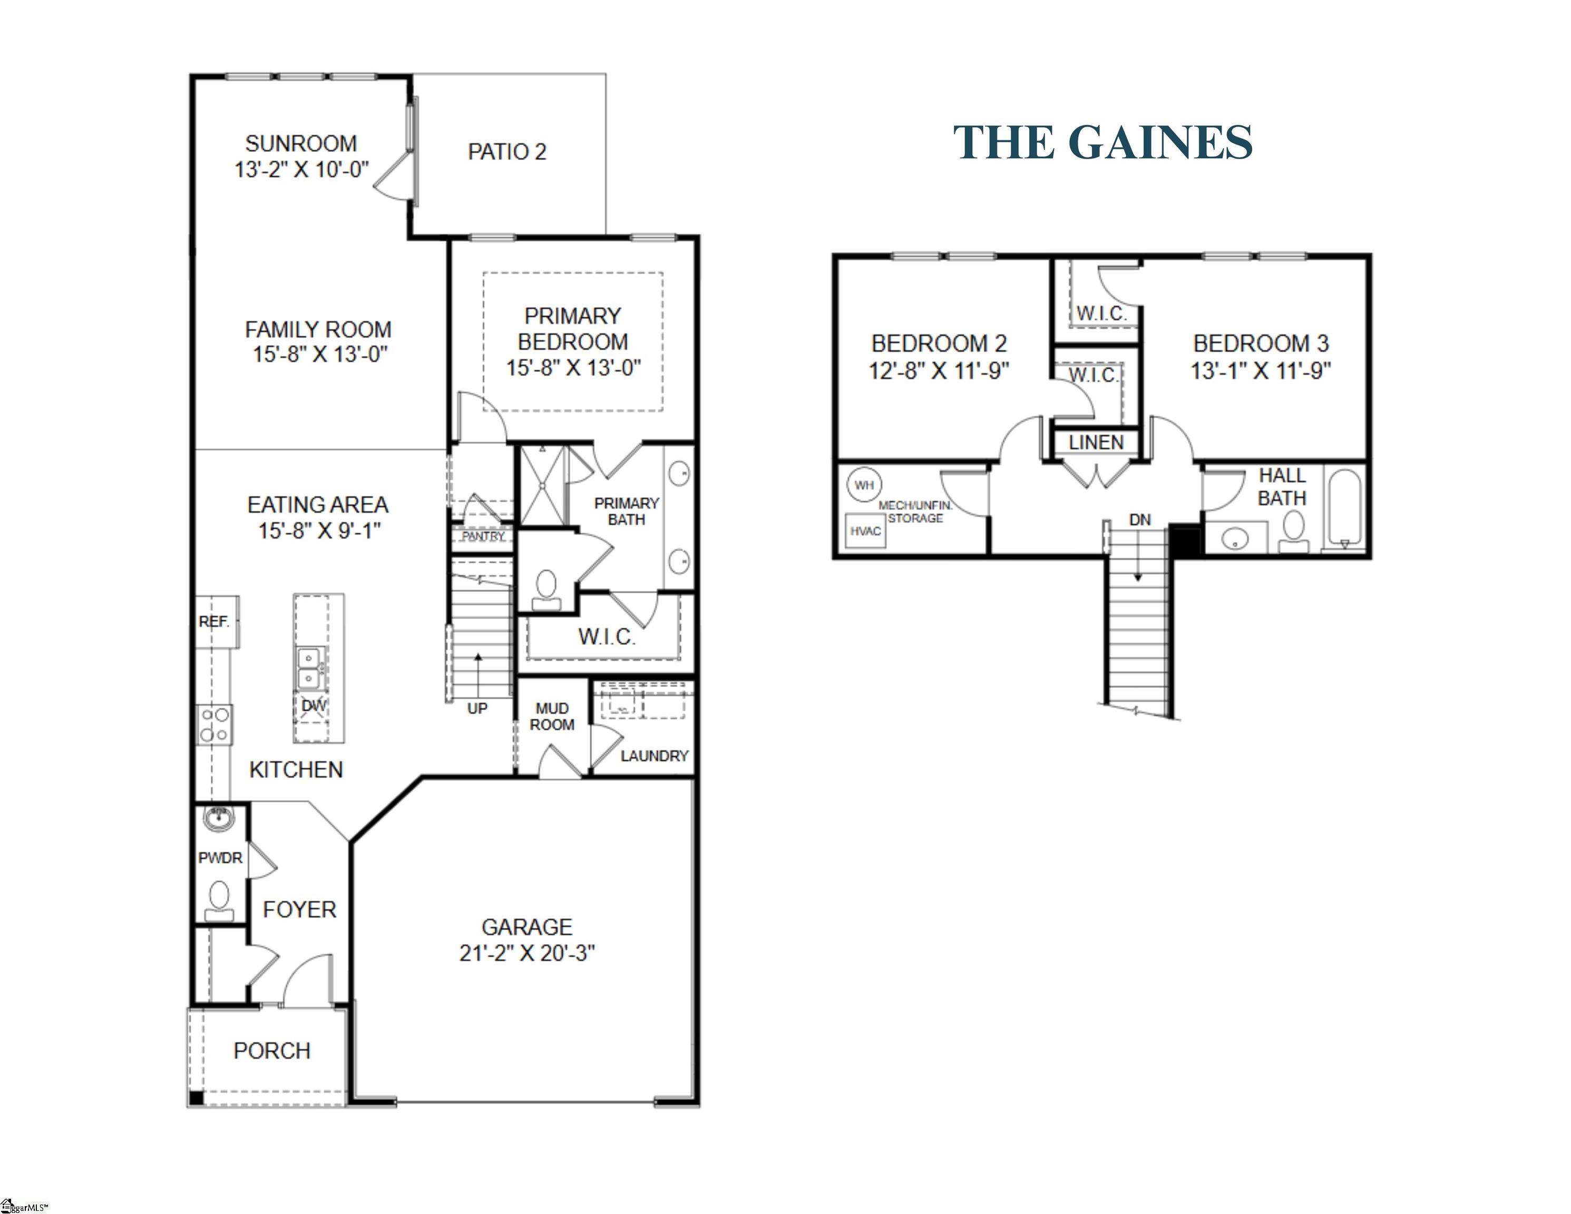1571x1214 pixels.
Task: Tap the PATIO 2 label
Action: tap(507, 152)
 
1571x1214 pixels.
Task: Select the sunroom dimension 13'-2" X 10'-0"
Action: tap(301, 170)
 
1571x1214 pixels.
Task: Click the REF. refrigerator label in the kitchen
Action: tap(213, 621)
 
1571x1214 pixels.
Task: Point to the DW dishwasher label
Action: tap(314, 706)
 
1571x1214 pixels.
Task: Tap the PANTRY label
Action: tap(483, 536)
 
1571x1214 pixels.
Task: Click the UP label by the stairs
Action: tap(477, 708)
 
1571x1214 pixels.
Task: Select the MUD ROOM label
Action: tap(552, 716)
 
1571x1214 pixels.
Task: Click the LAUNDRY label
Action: tap(654, 756)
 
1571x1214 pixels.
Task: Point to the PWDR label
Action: tap(220, 857)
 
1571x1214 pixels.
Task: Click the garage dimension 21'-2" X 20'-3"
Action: tap(527, 953)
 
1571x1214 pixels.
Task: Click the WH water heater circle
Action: tap(864, 485)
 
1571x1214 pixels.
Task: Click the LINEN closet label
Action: tap(1096, 442)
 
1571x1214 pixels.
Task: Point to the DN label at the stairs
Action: tap(1139, 519)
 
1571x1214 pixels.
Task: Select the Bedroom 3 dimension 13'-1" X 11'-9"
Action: tap(1260, 370)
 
